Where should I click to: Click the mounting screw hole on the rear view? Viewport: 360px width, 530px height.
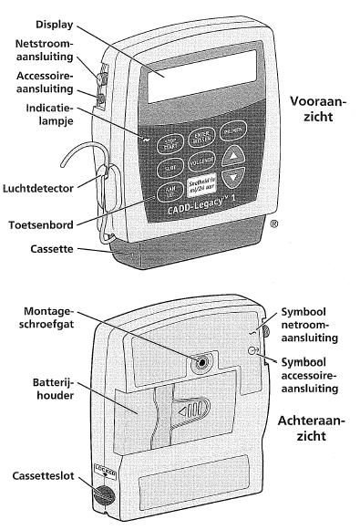[x=199, y=362]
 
